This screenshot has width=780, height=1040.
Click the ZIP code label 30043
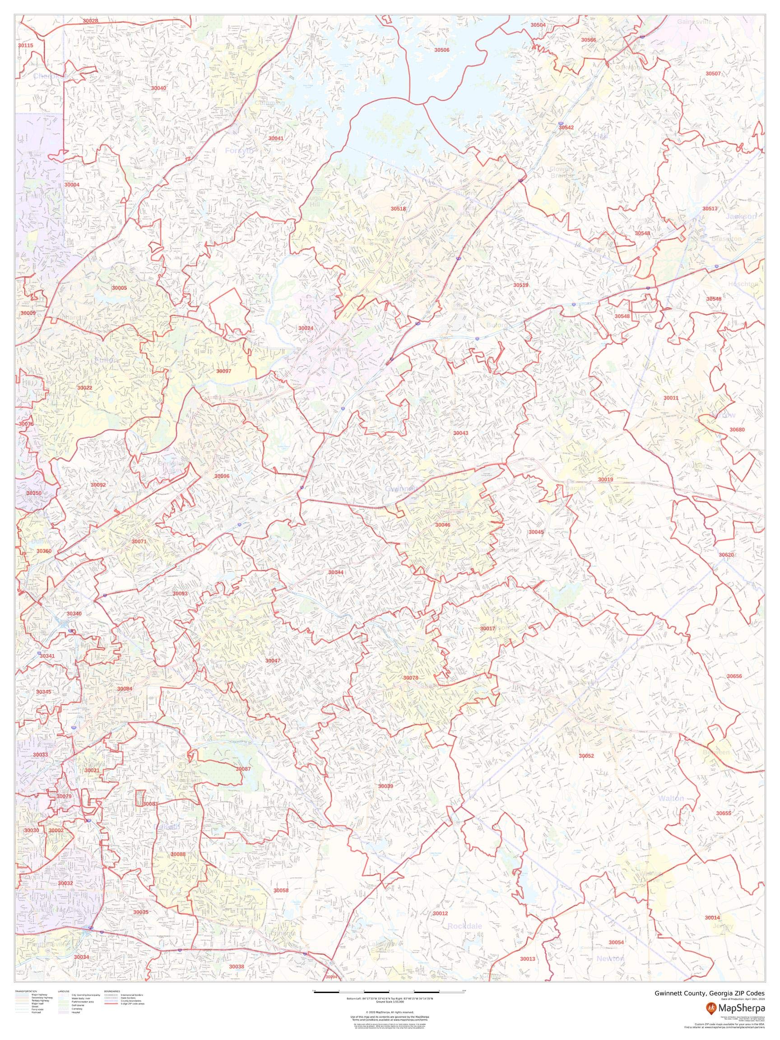(460, 432)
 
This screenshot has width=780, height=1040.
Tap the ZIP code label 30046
(442, 525)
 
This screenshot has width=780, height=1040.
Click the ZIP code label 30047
(272, 661)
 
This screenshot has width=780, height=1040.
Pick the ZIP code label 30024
(306, 328)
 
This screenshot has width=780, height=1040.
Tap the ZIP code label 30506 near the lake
(441, 50)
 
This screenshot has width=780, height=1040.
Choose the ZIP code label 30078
(410, 678)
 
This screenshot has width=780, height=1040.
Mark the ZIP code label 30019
(606, 479)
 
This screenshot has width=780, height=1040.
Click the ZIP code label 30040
(158, 88)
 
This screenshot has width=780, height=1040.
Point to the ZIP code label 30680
(737, 430)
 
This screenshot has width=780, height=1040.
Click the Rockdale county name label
(464, 926)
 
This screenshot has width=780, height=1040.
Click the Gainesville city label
(694, 22)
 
